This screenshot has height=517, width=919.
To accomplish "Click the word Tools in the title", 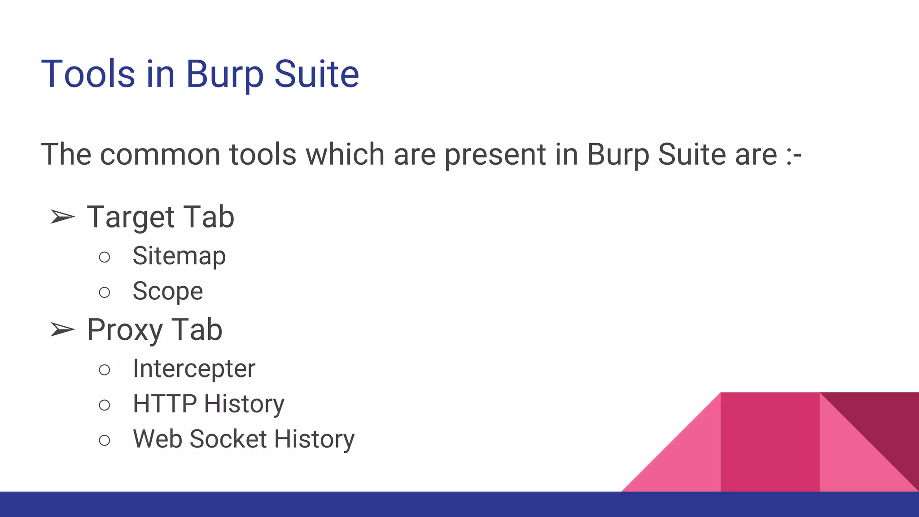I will (88, 74).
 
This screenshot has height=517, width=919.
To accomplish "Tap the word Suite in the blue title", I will (316, 74).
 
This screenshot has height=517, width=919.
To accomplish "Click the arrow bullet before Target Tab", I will (62, 217).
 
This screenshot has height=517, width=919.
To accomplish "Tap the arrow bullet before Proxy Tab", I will (62, 330).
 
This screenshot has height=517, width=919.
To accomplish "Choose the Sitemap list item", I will (179, 256).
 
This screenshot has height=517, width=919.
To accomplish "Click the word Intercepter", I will (194, 369).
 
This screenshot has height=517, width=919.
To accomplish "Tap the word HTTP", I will (164, 404).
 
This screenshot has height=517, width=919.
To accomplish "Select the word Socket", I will (228, 439).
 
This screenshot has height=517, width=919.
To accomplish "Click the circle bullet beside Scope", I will (105, 293).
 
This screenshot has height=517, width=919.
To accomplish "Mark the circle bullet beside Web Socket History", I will (105, 440).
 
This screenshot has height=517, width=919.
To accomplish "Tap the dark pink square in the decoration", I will (770, 442).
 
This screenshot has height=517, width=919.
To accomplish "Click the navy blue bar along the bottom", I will (459, 504).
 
